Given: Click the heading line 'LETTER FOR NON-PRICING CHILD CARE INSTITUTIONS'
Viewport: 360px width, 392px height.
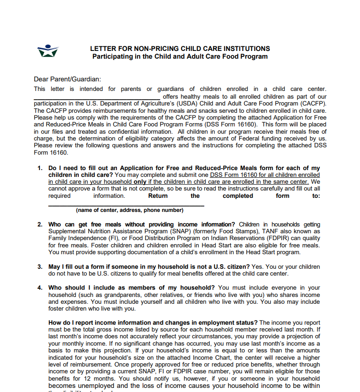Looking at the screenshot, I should coord(180,49).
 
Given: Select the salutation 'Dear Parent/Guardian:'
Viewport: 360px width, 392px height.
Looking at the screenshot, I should coord(67,79).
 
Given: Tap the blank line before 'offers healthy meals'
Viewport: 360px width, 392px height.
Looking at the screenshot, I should coord(96,98).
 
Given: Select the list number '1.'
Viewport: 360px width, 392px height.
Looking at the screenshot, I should coord(40,168).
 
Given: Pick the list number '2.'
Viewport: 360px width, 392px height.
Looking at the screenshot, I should coord(40,225).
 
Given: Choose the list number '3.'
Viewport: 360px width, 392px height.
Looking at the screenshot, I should coord(40,266).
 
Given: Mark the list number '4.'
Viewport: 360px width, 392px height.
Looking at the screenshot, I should coord(40,288).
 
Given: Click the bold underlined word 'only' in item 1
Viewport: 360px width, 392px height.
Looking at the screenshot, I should coord(140,182).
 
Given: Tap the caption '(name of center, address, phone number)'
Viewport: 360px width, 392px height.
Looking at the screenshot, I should coord(130,211).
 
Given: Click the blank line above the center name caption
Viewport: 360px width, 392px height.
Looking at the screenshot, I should coord(126,205).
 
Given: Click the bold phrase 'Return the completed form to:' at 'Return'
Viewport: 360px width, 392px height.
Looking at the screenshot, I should coord(158,196).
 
